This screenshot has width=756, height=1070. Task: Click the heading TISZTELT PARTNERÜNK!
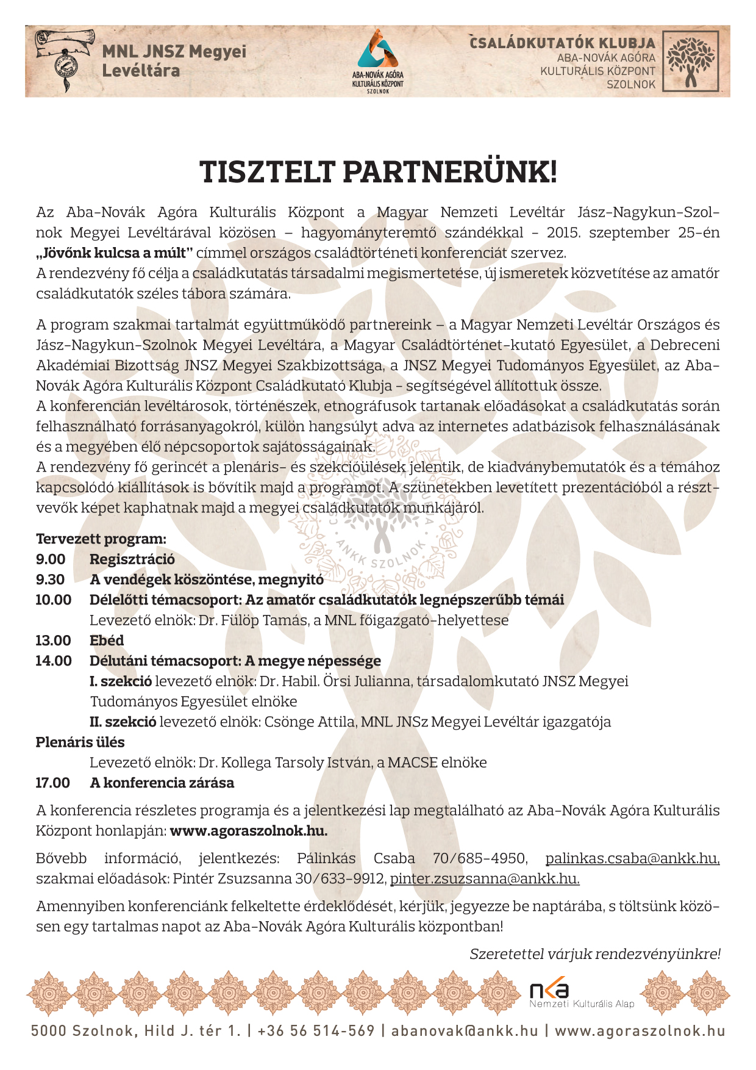378,173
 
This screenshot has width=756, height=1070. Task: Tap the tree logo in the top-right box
690,61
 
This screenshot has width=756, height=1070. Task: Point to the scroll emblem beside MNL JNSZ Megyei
63,59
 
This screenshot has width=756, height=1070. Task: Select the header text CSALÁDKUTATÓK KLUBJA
562,43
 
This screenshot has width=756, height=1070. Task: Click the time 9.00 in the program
51,559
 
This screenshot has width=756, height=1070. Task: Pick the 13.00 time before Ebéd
53,641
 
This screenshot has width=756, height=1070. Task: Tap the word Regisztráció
132,559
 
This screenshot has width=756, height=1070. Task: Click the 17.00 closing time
53,783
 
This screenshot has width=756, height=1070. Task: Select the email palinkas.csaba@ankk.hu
632,858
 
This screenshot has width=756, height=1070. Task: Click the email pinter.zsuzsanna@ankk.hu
485,878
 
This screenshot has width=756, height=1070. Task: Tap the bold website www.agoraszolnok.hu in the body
249,831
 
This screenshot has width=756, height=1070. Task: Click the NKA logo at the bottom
549,990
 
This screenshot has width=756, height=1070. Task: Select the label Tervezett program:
101,539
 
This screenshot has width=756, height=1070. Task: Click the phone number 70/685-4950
479,858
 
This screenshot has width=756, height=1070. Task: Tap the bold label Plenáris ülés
80,742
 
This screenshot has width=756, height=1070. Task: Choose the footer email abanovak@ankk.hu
465,1031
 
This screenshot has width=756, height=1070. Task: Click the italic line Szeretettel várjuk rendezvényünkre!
595,954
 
